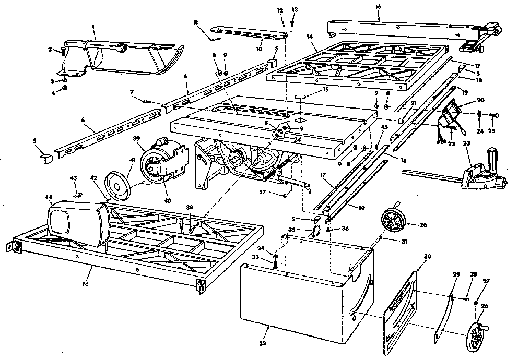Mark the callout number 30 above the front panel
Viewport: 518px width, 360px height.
[x=427, y=257]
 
